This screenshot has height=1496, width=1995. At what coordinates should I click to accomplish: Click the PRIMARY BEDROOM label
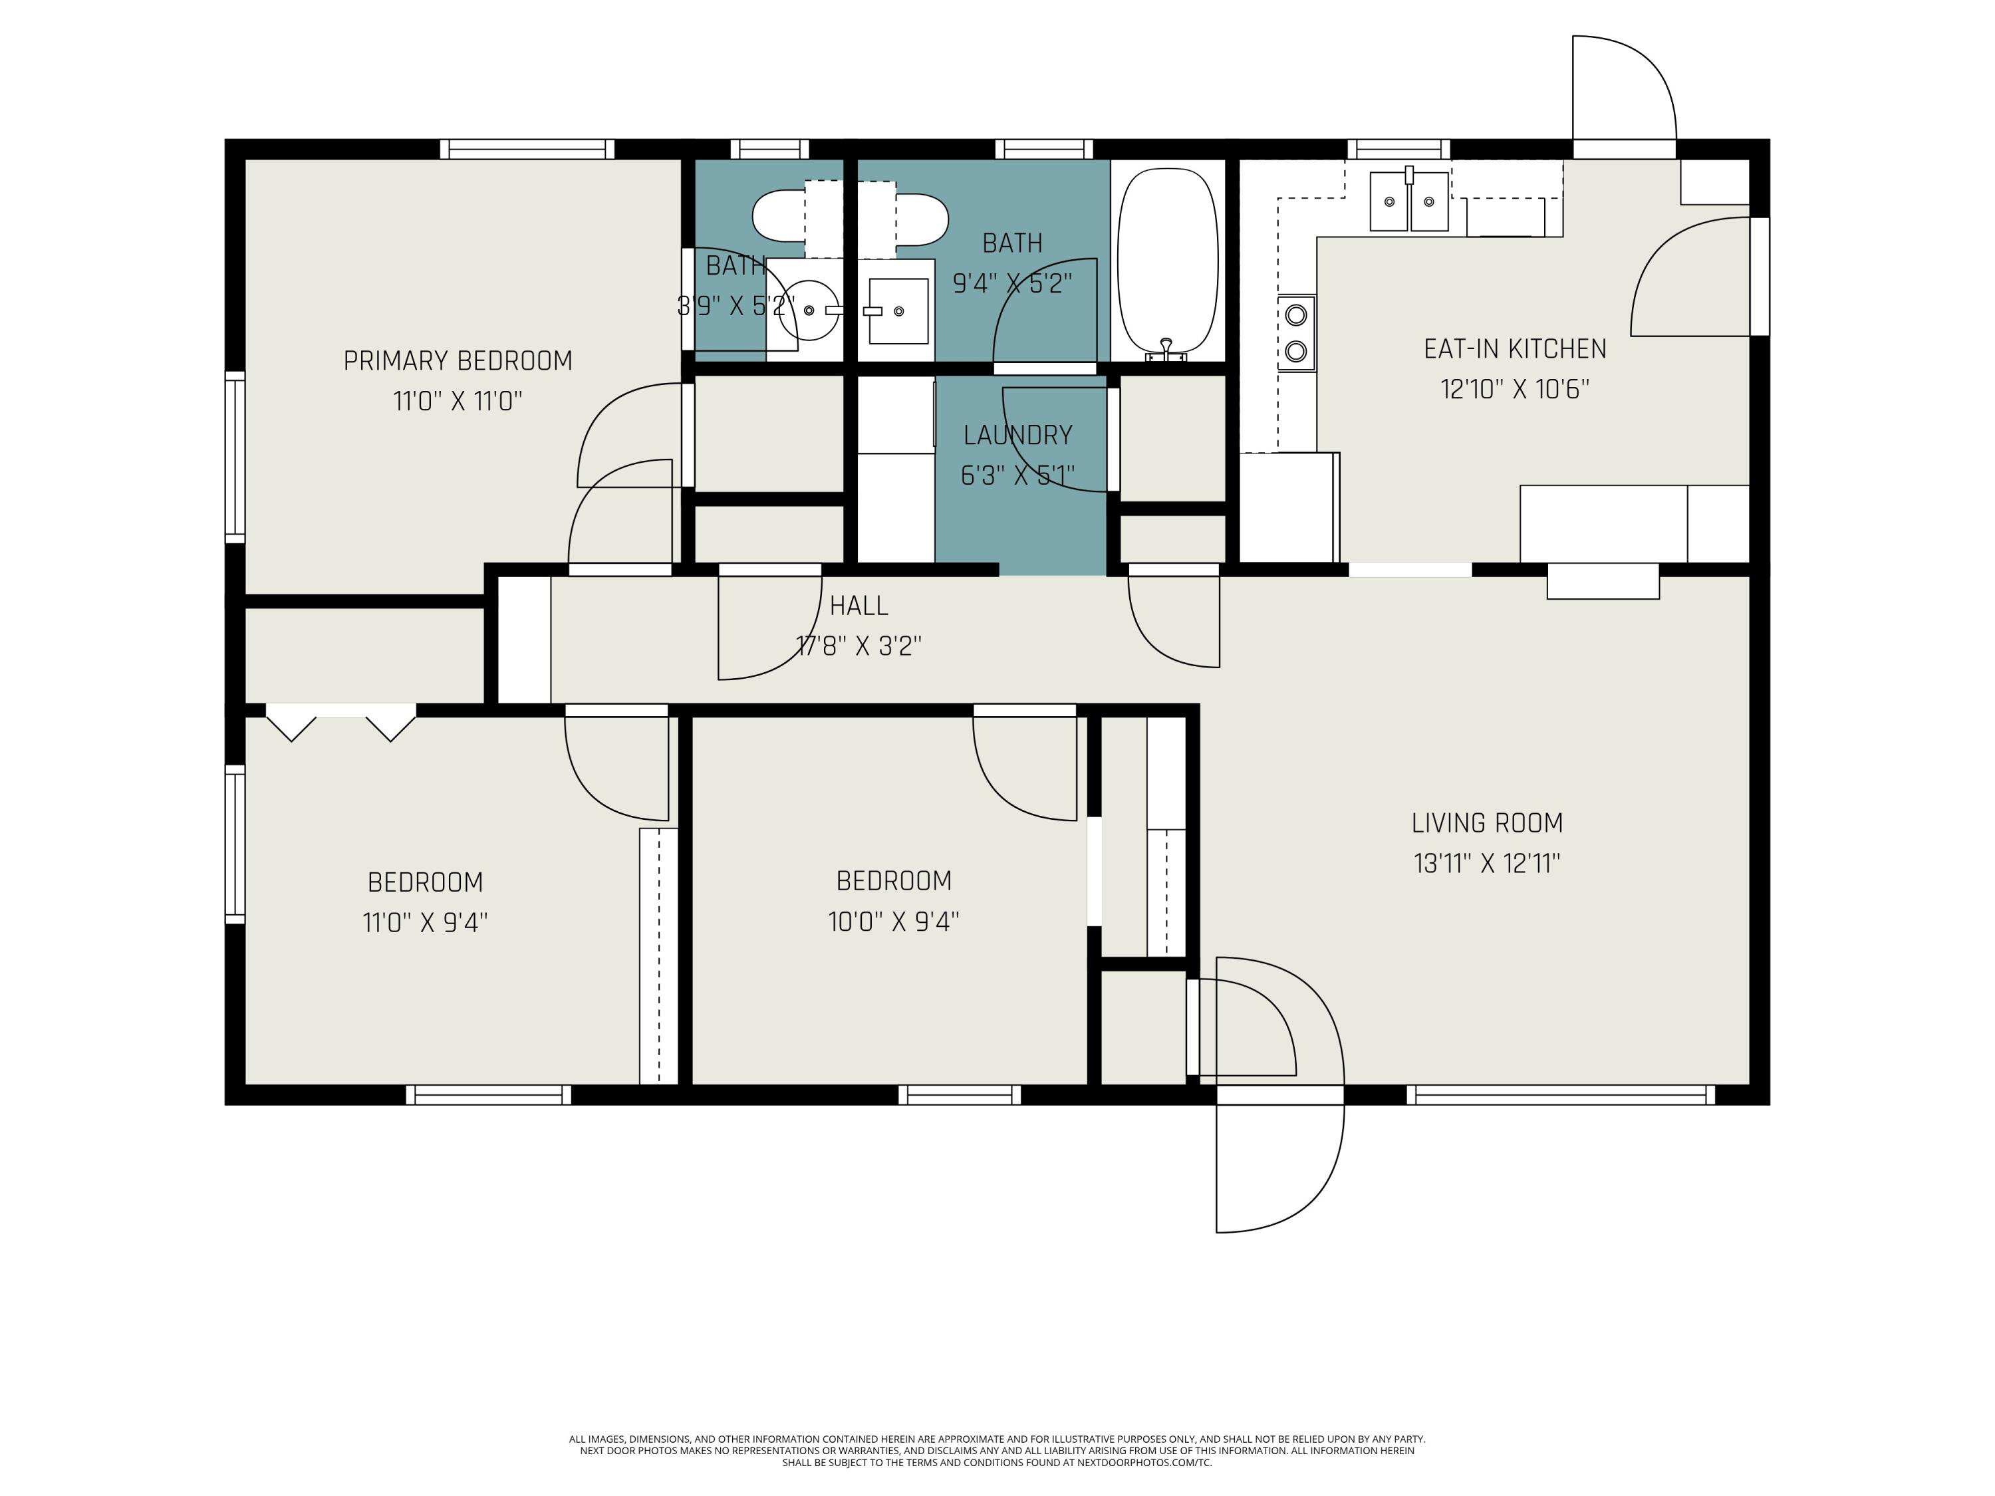[x=458, y=360]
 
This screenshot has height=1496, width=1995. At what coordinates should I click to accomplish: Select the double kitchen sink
[x=1408, y=202]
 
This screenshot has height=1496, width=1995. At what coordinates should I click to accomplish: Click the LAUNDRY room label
[x=1017, y=436]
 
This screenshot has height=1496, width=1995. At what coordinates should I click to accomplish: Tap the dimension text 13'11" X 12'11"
[x=1486, y=864]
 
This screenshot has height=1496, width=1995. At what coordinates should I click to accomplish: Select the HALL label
[x=859, y=606]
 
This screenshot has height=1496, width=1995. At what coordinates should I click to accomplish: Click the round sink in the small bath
[x=808, y=311]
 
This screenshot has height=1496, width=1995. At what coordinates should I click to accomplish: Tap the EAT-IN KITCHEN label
[x=1514, y=349]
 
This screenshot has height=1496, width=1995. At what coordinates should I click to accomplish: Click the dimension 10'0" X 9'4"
[x=893, y=922]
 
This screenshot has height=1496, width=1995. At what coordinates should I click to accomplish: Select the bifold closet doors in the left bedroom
[x=341, y=726]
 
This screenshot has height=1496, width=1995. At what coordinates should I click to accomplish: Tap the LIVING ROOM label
[x=1486, y=822]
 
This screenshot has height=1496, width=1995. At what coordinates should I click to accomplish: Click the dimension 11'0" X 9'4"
[x=425, y=922]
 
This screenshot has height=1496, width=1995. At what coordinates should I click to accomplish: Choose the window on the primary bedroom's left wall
[x=235, y=457]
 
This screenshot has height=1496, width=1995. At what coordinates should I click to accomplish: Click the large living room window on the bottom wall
[x=1560, y=1094]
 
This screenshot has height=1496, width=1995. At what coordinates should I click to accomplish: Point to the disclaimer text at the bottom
[x=997, y=1451]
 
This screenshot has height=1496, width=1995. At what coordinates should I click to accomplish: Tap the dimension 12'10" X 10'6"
[x=1514, y=390]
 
